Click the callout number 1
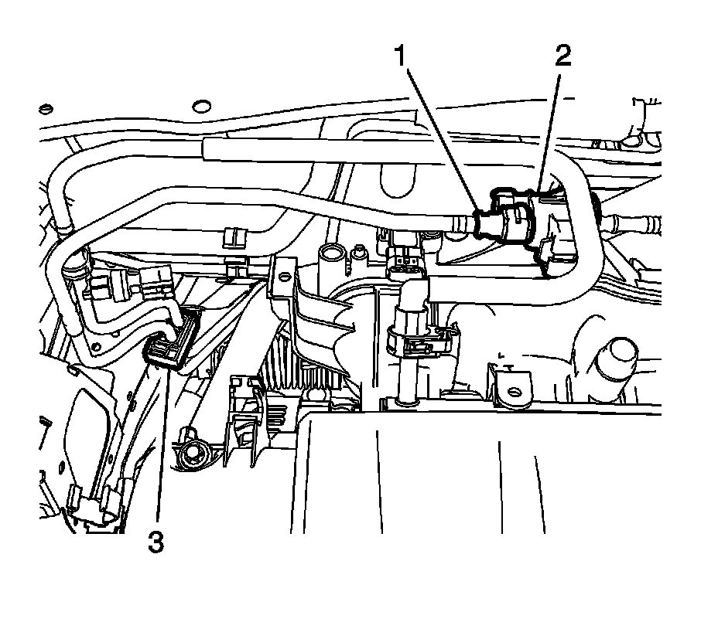point(400,56)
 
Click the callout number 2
point(562,56)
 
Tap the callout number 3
point(157,542)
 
